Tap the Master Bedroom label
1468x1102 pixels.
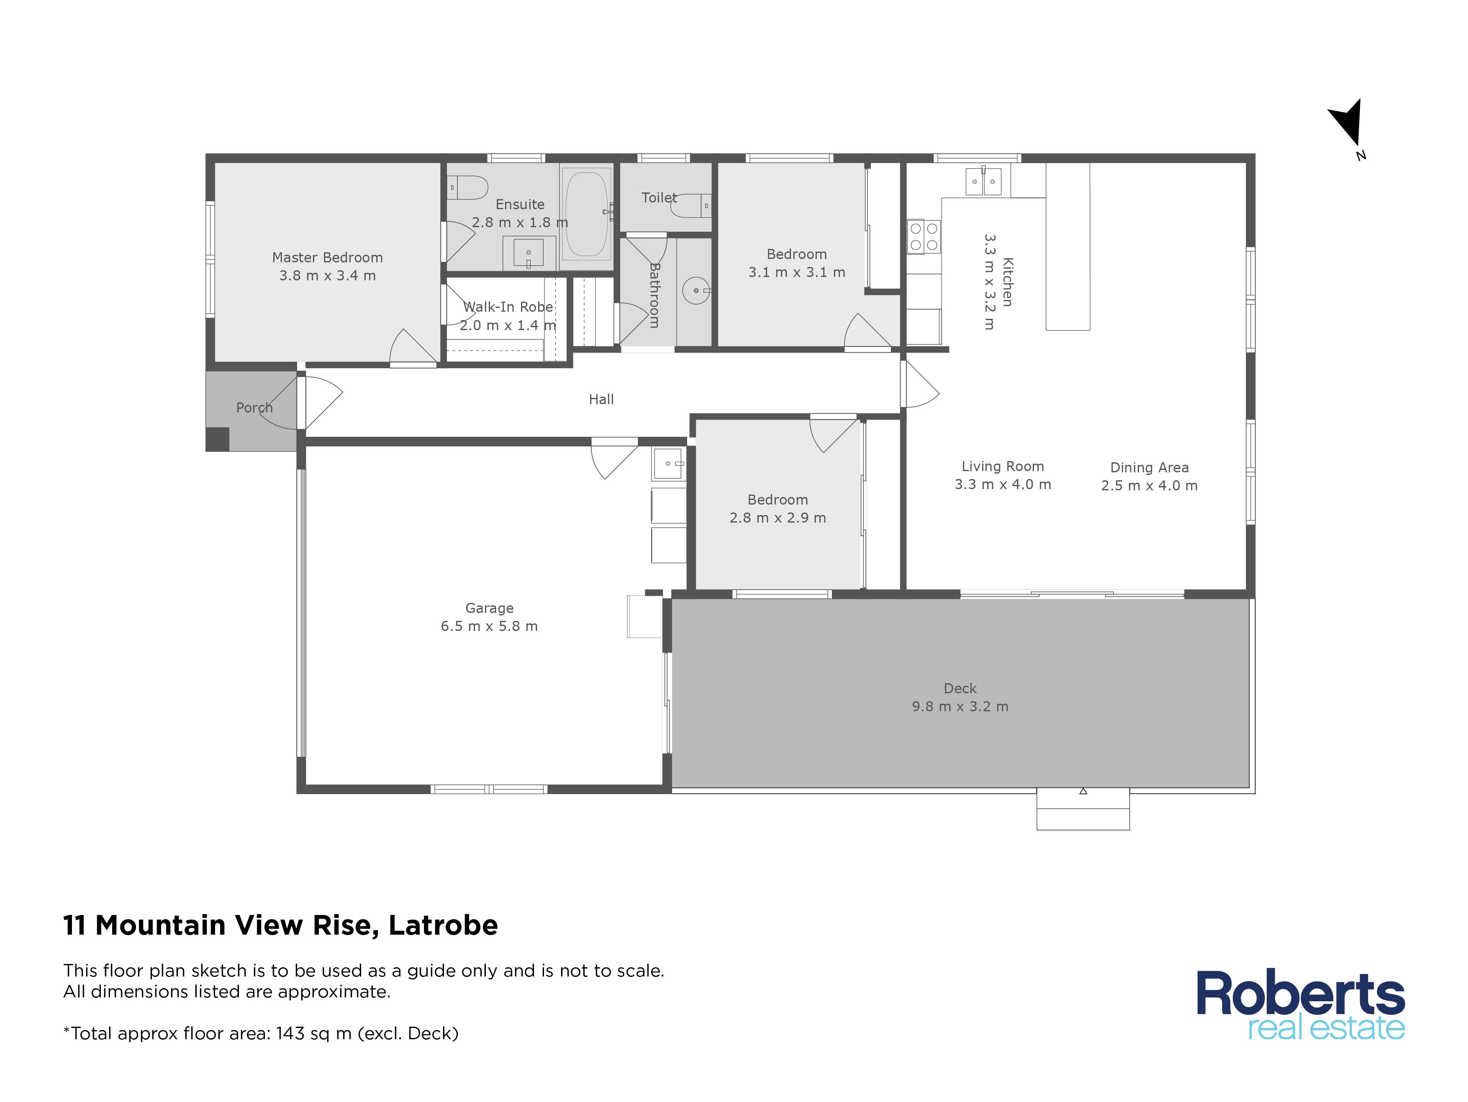(x=327, y=257)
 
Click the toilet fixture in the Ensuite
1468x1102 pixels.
(x=468, y=188)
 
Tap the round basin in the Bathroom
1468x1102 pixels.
(x=696, y=291)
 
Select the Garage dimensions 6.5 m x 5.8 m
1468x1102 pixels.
(x=489, y=626)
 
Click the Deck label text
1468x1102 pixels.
(x=960, y=689)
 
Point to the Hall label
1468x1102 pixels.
(x=601, y=400)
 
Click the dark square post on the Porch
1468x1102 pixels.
(x=218, y=439)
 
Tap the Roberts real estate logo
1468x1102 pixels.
(x=1301, y=1005)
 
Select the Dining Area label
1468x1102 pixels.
(x=1150, y=468)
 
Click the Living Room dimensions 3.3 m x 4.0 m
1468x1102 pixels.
(x=1003, y=485)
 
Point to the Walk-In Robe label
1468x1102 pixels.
(x=508, y=307)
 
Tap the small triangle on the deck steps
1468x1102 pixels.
(x=1083, y=791)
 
